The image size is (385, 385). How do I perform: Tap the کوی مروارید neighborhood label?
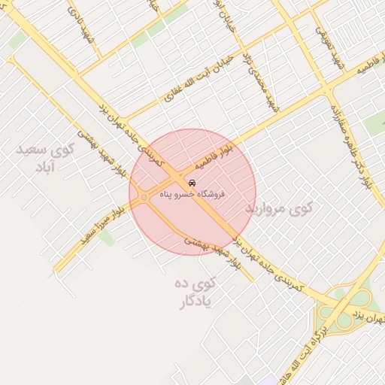(x=277, y=208)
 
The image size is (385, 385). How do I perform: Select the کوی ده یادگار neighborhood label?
(x=196, y=293)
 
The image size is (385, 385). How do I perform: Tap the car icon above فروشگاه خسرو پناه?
(x=192, y=183)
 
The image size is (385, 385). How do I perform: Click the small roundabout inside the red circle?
(x=144, y=198)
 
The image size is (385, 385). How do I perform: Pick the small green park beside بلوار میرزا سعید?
(x=106, y=238)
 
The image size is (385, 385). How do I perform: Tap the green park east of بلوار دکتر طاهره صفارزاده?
(x=374, y=123)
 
